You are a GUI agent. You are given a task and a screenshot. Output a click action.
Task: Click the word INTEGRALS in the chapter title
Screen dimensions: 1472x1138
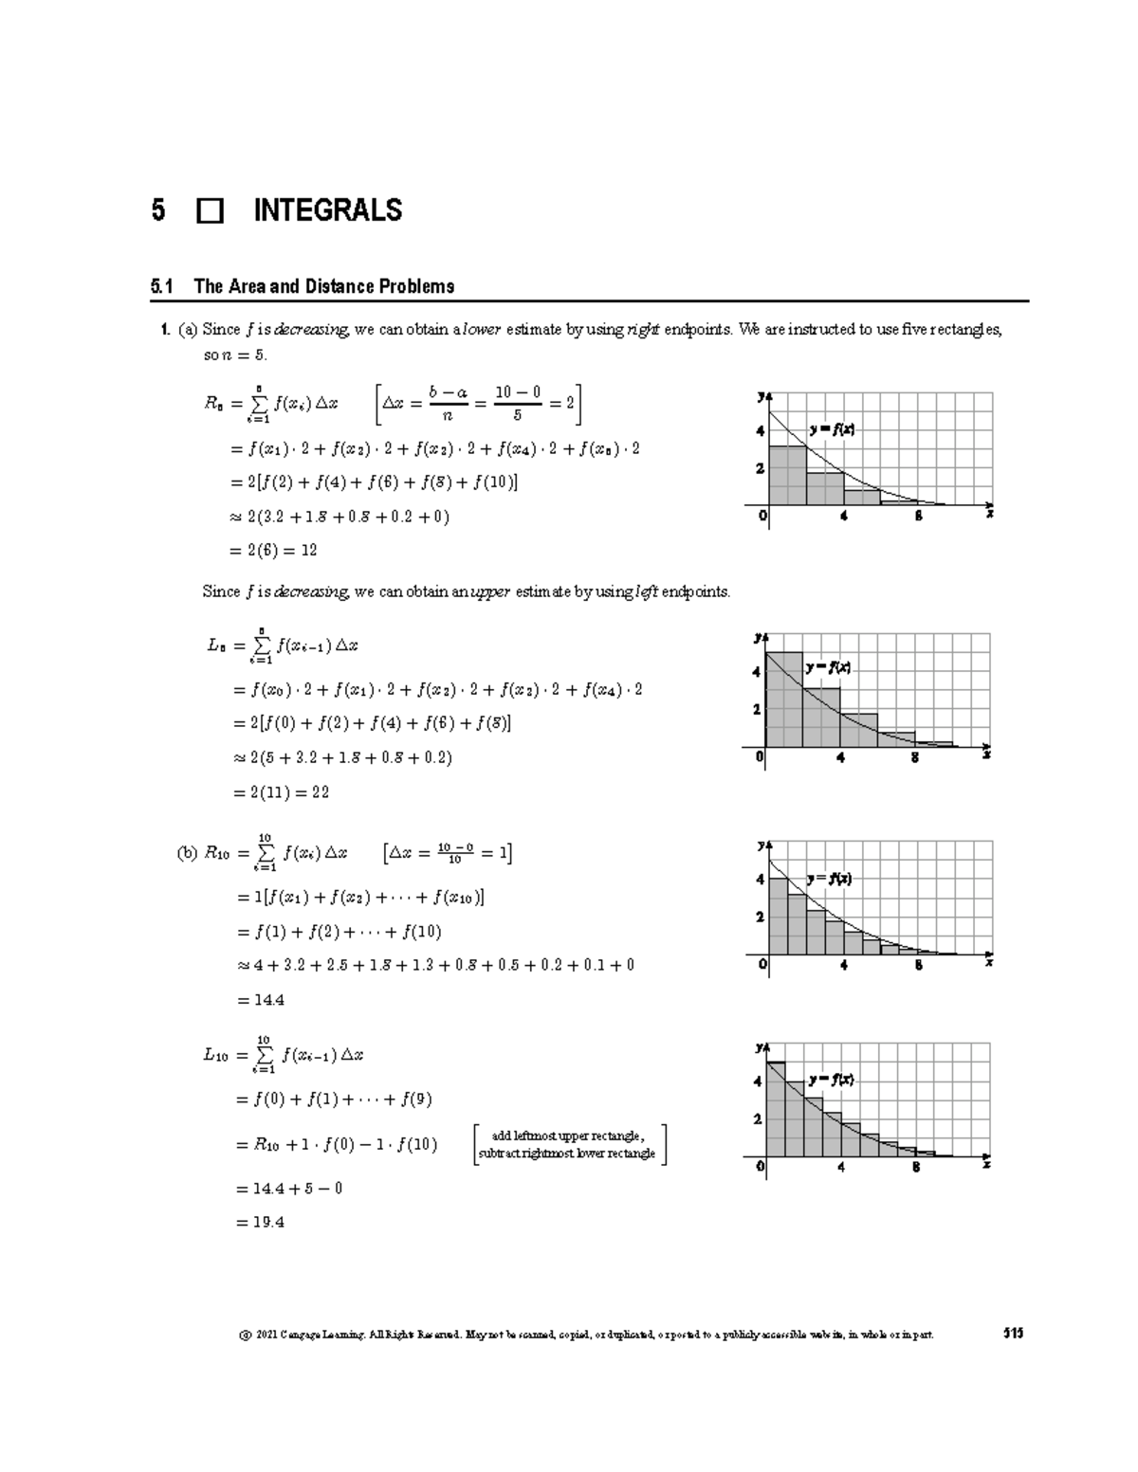click(327, 210)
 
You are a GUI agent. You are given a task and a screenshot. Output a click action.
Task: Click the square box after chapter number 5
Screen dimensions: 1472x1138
click(210, 210)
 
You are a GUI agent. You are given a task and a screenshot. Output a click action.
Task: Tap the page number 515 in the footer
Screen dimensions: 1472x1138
click(1013, 1334)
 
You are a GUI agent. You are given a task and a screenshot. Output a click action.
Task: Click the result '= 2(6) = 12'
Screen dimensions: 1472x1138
click(275, 551)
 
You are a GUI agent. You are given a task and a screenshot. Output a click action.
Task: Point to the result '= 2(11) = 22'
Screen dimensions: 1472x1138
click(281, 792)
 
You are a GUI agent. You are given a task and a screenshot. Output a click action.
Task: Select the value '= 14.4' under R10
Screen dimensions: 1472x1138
click(259, 1000)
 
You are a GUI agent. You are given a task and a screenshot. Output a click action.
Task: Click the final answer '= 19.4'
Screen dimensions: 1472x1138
click(259, 1223)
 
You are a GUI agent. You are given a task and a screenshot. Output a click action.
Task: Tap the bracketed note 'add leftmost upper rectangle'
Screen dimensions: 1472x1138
click(568, 1136)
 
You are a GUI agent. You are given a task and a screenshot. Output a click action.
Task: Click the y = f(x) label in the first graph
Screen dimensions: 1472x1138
click(832, 429)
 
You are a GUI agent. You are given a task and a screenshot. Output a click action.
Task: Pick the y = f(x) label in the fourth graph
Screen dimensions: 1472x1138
click(832, 1080)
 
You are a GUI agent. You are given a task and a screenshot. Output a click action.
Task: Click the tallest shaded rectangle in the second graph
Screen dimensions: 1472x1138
click(784, 700)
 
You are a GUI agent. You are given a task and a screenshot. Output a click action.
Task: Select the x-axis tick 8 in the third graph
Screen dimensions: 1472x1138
click(918, 965)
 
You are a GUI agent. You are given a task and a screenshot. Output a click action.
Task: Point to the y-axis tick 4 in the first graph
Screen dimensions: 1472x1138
click(759, 431)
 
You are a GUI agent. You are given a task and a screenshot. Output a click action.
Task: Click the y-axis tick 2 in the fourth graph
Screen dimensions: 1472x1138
click(757, 1119)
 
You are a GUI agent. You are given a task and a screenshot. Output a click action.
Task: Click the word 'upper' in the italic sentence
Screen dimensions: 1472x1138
click(490, 592)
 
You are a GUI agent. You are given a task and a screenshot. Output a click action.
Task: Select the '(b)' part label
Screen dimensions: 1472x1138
click(187, 853)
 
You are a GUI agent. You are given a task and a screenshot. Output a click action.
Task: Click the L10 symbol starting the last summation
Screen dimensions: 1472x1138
click(215, 1055)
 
